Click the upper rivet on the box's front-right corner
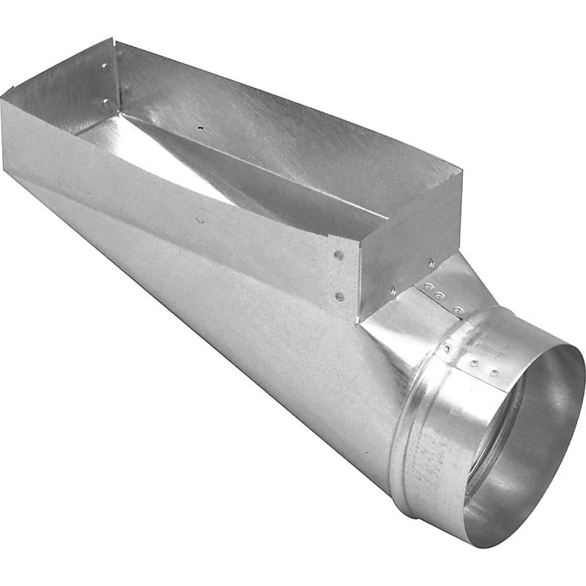pos(338,255)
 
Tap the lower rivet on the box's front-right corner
pos(338,296)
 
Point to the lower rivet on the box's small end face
pos(393,292)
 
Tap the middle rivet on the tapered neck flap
pos(439,296)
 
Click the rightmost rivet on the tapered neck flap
pos(459,311)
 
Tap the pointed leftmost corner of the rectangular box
pos(3,97)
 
